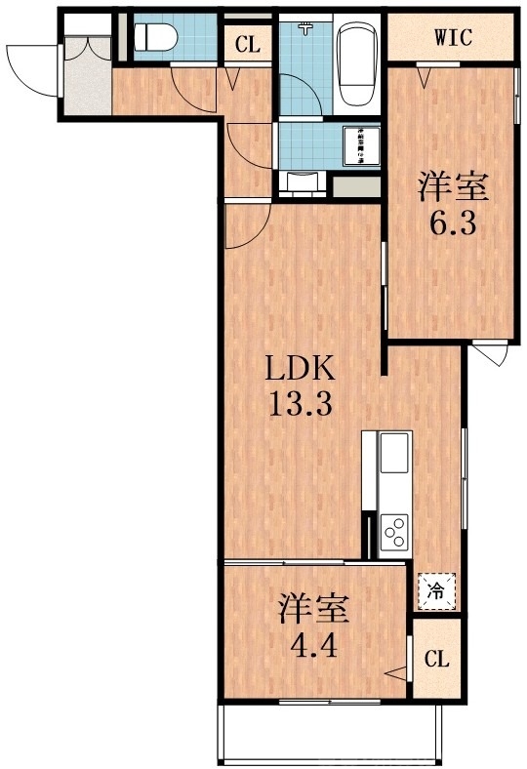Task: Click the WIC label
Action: point(453,38)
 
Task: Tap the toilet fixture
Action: point(153,38)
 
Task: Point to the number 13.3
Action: point(303,402)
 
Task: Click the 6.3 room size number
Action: point(452,223)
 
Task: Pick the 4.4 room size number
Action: point(312,645)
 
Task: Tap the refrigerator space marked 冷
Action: point(436,589)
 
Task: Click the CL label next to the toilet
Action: point(246,44)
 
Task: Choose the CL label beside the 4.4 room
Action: point(436,659)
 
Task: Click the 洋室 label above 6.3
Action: point(452,184)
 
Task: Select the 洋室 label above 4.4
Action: point(312,607)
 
